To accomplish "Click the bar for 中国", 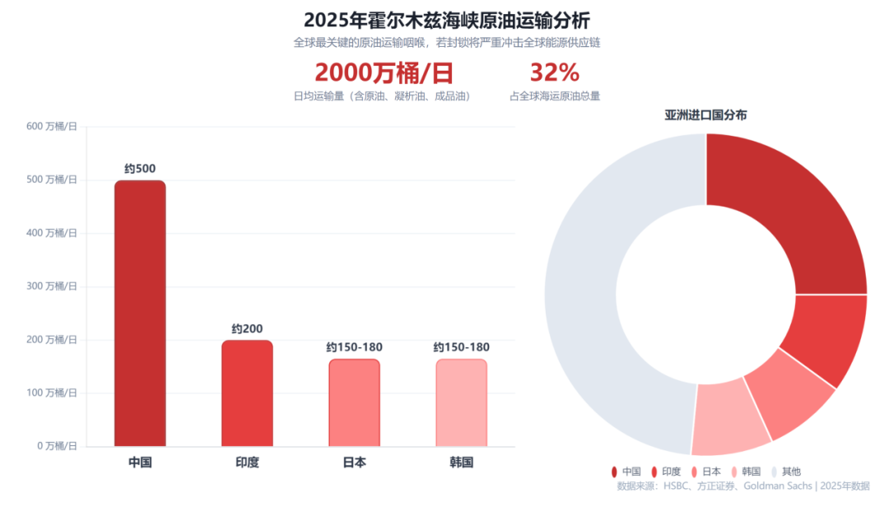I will click(x=140, y=313).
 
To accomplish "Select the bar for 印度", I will click(x=247, y=393).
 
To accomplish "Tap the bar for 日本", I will click(x=354, y=402).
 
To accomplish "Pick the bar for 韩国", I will click(x=461, y=402).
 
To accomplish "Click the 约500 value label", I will click(x=140, y=169).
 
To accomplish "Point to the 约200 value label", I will click(x=247, y=329).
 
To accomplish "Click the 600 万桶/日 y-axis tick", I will click(x=51, y=126).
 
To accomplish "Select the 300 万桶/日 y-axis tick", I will click(x=51, y=286).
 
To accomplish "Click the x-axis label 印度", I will click(x=247, y=463).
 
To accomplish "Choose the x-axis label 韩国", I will click(x=461, y=463).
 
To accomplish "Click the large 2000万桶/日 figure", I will click(x=384, y=73).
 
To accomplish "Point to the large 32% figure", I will click(x=554, y=73).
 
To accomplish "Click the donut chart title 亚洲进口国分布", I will click(x=705, y=115).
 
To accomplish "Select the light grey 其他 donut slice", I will click(x=580, y=288).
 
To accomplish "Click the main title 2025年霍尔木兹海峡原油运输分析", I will click(x=446, y=20).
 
